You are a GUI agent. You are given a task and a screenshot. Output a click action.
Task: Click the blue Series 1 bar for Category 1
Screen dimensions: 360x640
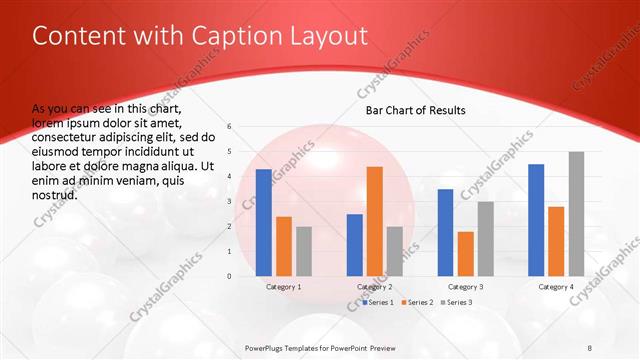(263, 222)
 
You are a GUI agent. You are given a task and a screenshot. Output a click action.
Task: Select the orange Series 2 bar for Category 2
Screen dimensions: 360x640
(375, 221)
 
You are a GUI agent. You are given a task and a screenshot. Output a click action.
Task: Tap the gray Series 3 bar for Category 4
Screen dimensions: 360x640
(576, 214)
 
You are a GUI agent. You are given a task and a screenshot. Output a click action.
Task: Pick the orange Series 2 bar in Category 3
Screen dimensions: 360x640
(465, 254)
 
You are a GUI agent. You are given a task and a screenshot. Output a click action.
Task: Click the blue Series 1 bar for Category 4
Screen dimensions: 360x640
(536, 220)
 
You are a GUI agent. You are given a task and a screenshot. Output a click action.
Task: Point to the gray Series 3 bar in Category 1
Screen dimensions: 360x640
(304, 251)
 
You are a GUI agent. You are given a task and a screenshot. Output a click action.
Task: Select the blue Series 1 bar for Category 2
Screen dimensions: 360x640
(355, 245)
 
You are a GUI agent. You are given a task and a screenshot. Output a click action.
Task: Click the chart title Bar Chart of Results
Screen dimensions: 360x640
(415, 110)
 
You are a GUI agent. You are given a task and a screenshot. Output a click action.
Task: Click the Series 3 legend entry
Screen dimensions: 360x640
(457, 301)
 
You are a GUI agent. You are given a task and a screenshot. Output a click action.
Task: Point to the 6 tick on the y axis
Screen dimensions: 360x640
(230, 127)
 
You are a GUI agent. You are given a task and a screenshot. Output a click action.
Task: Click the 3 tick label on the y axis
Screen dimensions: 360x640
(230, 202)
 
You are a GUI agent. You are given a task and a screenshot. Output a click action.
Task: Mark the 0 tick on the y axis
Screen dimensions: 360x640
(230, 276)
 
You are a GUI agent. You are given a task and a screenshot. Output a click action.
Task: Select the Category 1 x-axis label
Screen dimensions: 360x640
(284, 287)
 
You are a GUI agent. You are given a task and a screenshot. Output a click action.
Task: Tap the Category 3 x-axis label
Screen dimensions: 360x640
(465, 287)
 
